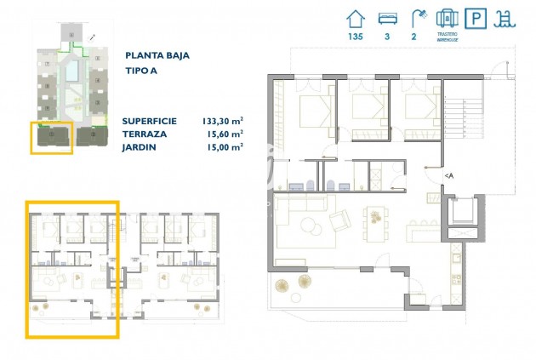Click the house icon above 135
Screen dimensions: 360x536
[355, 18]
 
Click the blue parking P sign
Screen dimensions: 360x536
[477, 19]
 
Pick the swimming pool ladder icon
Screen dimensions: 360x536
[509, 19]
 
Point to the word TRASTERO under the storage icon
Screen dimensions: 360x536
[448, 34]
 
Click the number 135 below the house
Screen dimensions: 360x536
[355, 37]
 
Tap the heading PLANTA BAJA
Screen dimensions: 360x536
[157, 55]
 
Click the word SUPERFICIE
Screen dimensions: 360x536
[151, 121]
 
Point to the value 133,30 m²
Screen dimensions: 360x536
[221, 121]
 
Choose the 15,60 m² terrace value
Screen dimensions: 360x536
[224, 134]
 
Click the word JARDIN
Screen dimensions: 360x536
[139, 146]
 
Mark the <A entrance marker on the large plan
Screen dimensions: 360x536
[448, 175]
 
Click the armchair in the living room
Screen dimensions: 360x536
[339, 220]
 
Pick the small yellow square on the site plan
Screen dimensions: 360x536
[50, 137]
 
